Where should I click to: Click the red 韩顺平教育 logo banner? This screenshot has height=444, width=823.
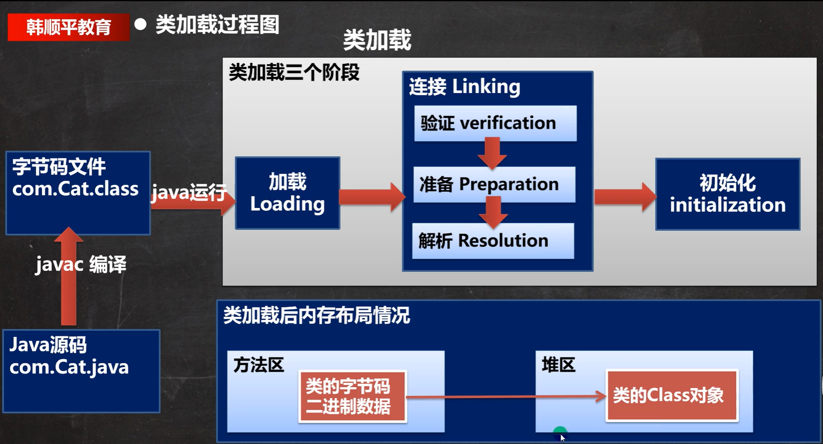(68, 27)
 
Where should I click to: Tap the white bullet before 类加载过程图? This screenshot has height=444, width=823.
(141, 25)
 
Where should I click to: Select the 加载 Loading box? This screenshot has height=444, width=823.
(287, 193)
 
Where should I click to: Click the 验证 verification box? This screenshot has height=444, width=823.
(495, 124)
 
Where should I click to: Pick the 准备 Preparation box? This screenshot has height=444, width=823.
(494, 184)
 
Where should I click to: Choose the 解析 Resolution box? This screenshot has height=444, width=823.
(493, 241)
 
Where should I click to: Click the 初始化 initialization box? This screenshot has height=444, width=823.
(727, 194)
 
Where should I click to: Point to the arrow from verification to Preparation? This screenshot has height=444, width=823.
(492, 153)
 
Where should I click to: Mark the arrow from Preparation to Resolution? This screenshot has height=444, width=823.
(494, 212)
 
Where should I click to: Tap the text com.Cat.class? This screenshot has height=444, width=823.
(75, 189)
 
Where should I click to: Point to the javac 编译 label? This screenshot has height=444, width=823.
(81, 264)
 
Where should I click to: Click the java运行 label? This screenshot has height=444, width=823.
(189, 193)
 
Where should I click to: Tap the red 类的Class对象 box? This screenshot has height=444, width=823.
(672, 396)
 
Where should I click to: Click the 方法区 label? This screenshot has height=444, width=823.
(259, 365)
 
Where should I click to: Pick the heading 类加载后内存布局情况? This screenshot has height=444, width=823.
(317, 315)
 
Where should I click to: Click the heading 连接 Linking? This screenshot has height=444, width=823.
(465, 87)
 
